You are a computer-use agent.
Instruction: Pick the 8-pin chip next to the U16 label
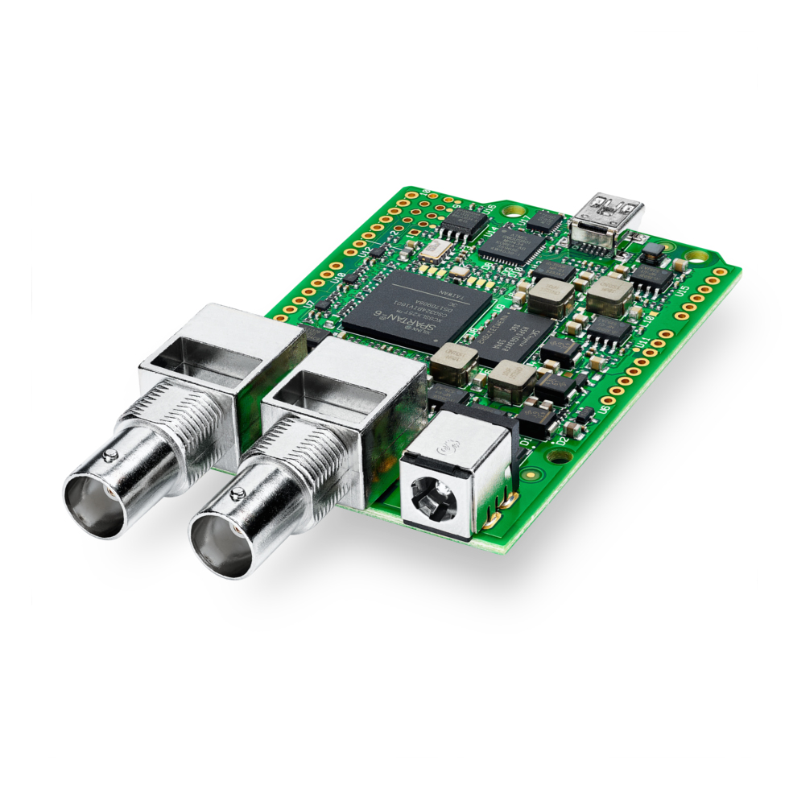(x=465, y=225)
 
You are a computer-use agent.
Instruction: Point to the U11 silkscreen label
(x=644, y=346)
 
